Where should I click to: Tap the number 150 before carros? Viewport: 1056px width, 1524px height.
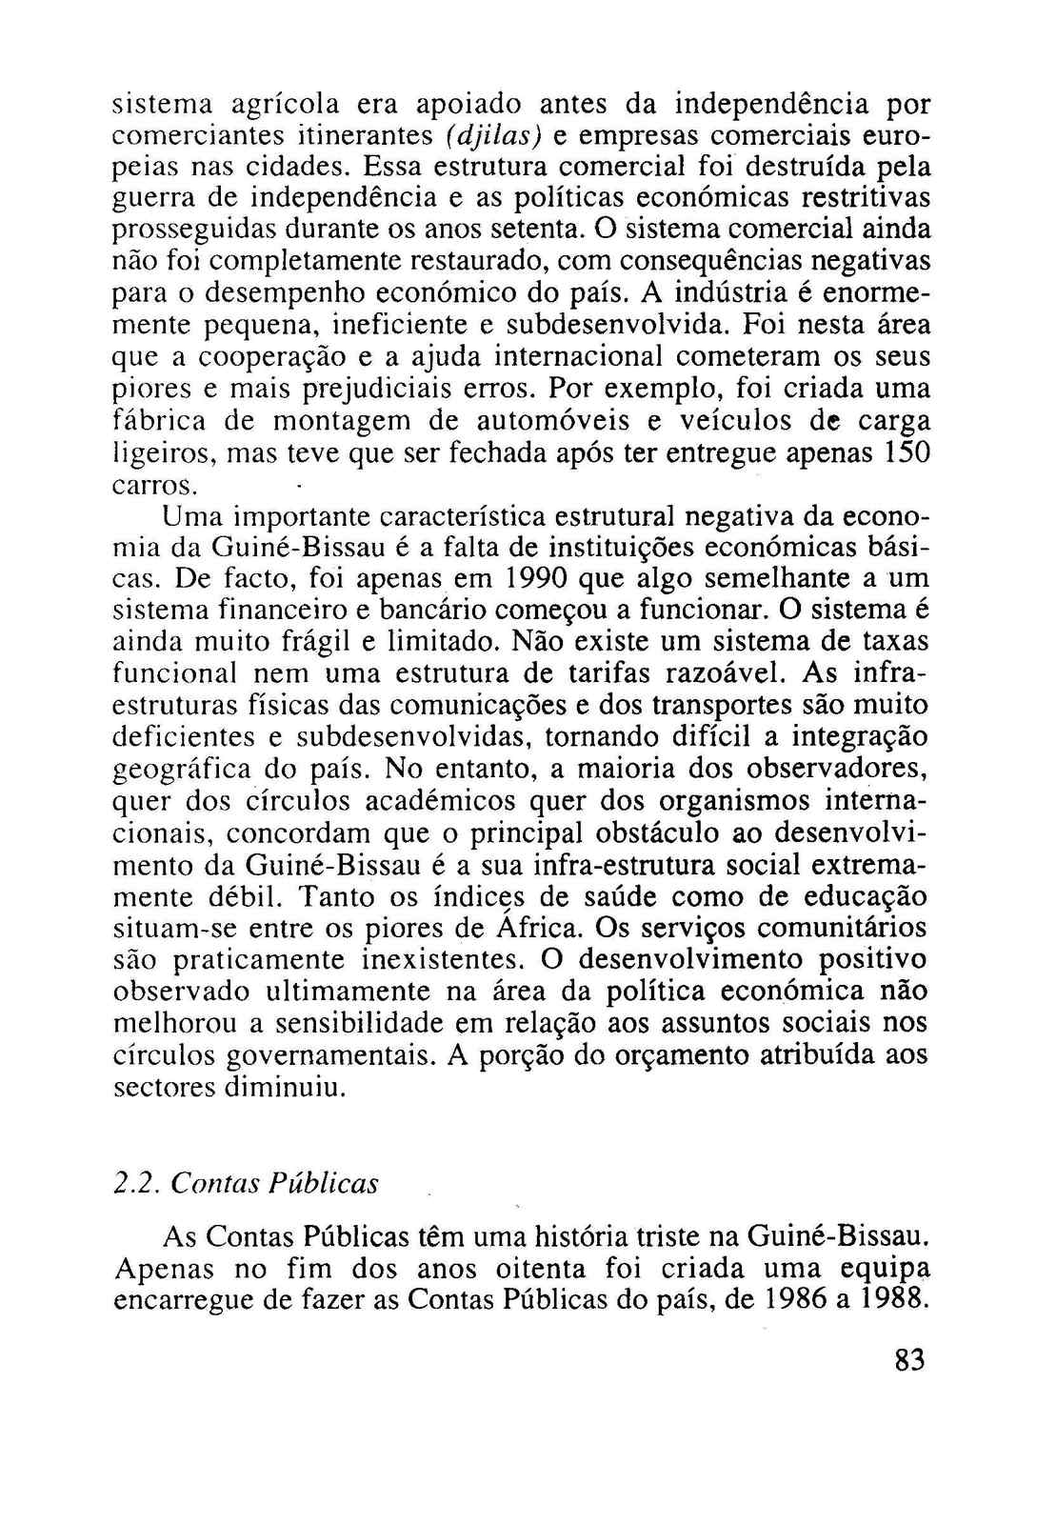coord(907,453)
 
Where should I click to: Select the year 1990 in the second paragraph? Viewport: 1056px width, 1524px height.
coord(539,578)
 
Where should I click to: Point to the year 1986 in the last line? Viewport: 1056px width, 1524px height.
coord(795,1300)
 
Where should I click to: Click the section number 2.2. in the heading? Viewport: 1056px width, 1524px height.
coord(137,1184)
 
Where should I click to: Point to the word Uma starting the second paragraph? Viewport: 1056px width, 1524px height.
coord(190,516)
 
